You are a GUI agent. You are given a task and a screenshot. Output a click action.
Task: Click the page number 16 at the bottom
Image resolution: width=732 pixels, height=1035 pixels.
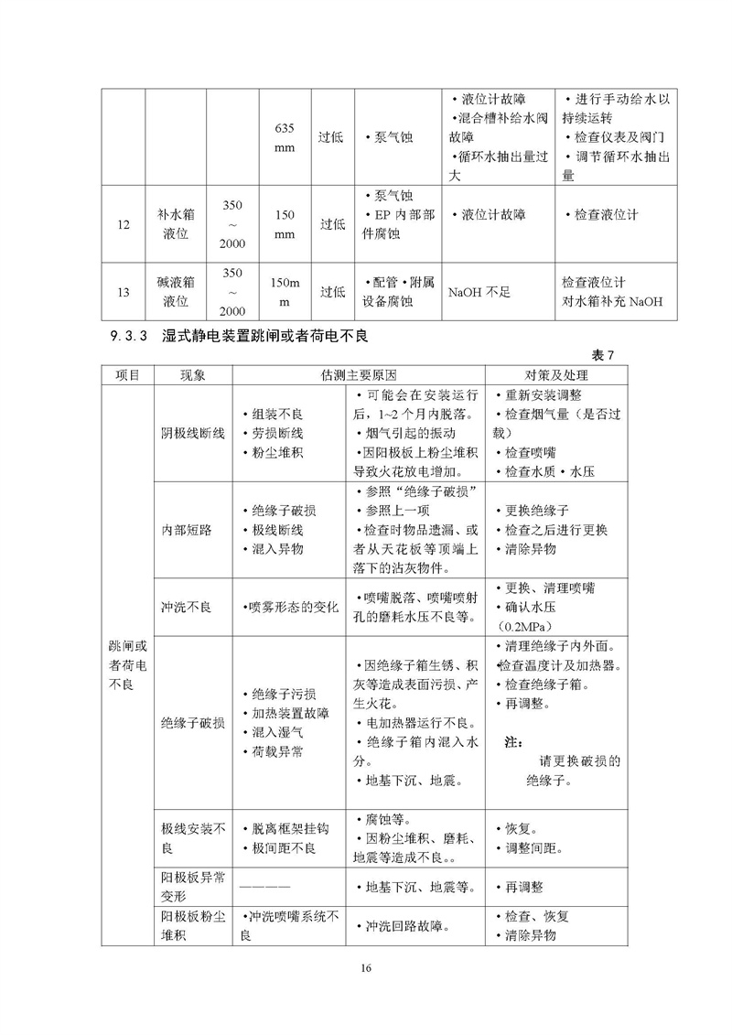coord(366,968)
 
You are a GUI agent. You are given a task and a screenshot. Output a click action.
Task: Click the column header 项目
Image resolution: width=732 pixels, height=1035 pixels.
coord(127,375)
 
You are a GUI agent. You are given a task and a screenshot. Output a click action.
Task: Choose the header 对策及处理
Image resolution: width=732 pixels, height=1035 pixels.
coord(555,375)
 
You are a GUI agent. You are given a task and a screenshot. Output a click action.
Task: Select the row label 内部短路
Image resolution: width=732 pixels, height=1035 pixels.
coord(186,531)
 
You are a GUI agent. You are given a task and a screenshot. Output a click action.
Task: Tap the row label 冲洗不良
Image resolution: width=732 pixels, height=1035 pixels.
coord(186,607)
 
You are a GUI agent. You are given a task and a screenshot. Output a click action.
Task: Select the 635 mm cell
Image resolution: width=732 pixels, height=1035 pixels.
coord(285,136)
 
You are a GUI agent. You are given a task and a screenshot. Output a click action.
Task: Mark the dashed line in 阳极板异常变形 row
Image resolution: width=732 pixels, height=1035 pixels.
coord(265,887)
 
